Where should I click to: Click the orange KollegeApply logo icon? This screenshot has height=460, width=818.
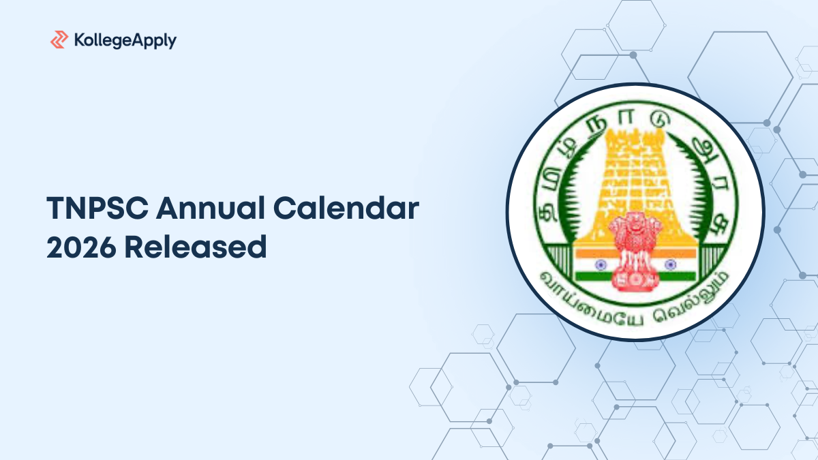59,40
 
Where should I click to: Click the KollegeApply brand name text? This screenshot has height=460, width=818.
124,41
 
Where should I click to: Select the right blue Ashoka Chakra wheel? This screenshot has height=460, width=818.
669,262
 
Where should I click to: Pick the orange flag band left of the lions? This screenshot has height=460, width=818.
591,250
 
